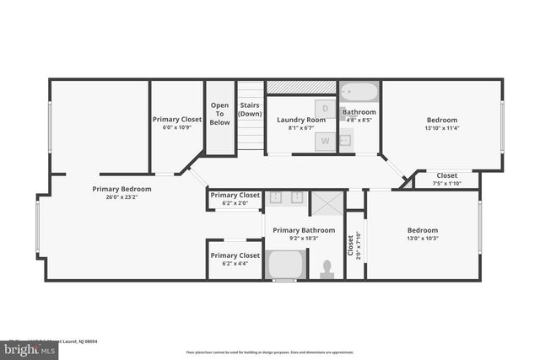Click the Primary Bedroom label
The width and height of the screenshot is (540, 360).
coord(122,189)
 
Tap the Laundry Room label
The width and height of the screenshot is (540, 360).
coord(301,120)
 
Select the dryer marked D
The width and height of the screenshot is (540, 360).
coord(326,108)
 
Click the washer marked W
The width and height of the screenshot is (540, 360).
coord(326,142)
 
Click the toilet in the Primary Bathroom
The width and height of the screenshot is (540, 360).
coord(327,268)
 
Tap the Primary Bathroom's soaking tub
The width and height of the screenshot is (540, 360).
coord(286,266)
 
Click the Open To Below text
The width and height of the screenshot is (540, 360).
coord(219,114)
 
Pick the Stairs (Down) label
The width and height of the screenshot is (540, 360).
coord(250,110)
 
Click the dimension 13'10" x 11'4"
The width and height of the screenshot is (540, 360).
coord(441,128)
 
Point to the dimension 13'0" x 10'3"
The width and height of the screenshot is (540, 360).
coord(423,239)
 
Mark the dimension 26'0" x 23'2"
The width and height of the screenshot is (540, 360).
coord(122,197)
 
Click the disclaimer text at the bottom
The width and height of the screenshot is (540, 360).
coord(270,352)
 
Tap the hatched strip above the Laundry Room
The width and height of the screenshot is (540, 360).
coord(301,87)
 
